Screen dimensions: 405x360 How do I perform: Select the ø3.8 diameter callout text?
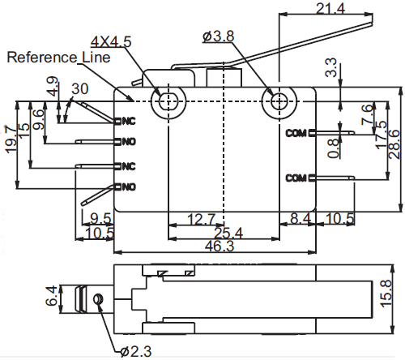[218, 36]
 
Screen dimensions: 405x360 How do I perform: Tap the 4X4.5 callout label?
[111, 42]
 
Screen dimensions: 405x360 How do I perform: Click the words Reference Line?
[58, 58]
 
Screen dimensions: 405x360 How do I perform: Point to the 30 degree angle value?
[80, 88]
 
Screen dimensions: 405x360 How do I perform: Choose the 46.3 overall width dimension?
[220, 246]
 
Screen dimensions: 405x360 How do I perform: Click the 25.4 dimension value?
[228, 233]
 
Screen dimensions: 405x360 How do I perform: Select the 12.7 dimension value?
[202, 219]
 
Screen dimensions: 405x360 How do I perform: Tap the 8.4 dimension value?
[301, 218]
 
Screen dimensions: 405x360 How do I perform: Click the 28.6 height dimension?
[394, 144]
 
